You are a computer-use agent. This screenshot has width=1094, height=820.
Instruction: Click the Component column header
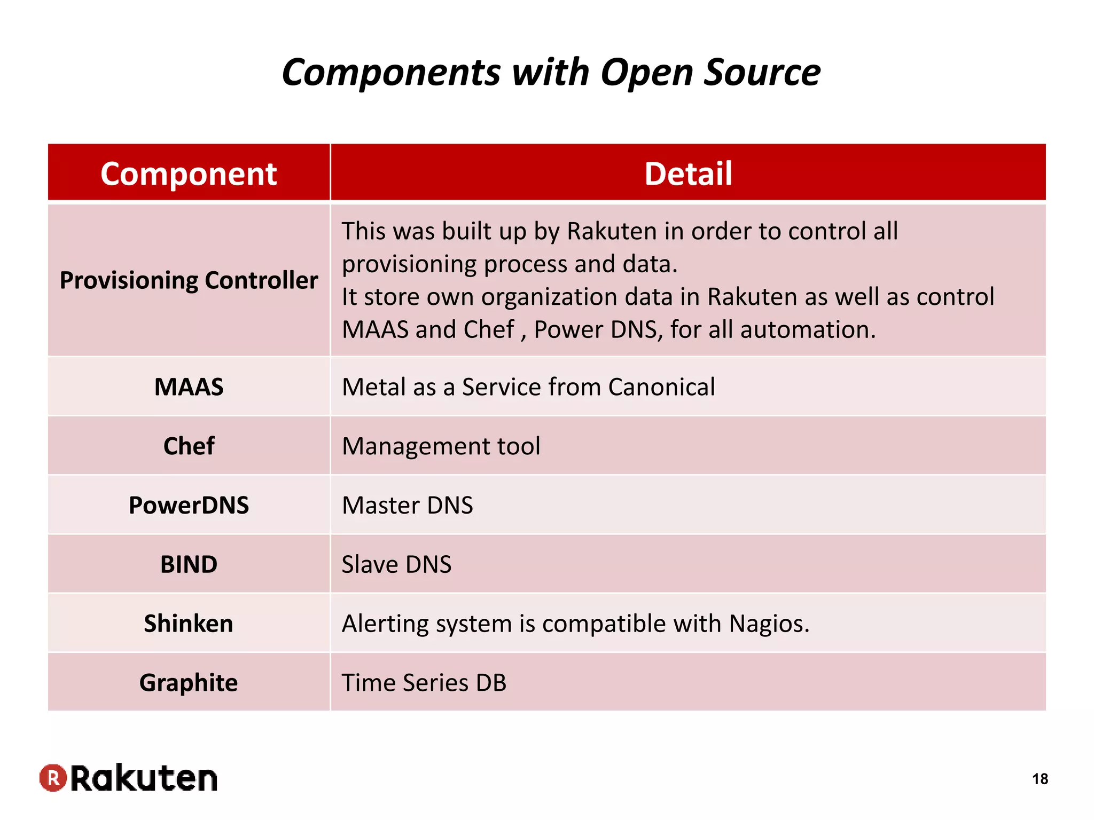[189, 174]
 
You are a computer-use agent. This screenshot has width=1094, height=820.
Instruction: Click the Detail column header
[688, 174]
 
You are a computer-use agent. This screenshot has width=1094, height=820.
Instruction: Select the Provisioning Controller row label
[189, 280]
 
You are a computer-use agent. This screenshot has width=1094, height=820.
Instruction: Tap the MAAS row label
[189, 387]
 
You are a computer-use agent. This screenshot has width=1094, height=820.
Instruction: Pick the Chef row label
[189, 446]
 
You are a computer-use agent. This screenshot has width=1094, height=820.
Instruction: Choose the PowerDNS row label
[189, 506]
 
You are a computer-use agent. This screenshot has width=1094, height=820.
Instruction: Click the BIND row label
[189, 565]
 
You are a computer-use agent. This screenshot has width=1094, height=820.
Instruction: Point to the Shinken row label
[189, 624]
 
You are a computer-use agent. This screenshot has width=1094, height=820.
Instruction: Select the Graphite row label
[189, 683]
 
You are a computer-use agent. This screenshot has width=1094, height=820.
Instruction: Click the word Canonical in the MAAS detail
[661, 387]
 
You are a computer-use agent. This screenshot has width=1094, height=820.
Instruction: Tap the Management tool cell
[441, 446]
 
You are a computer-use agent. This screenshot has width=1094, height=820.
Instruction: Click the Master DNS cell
[408, 506]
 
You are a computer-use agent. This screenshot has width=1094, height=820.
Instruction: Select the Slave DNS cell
[396, 565]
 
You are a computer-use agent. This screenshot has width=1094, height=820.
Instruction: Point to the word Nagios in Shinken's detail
[769, 624]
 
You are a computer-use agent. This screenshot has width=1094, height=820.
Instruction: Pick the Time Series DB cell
[424, 683]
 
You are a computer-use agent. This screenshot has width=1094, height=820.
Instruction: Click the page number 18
[1040, 779]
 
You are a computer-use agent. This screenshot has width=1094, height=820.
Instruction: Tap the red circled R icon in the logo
[53, 778]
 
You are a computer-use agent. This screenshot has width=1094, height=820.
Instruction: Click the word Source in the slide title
[762, 73]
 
